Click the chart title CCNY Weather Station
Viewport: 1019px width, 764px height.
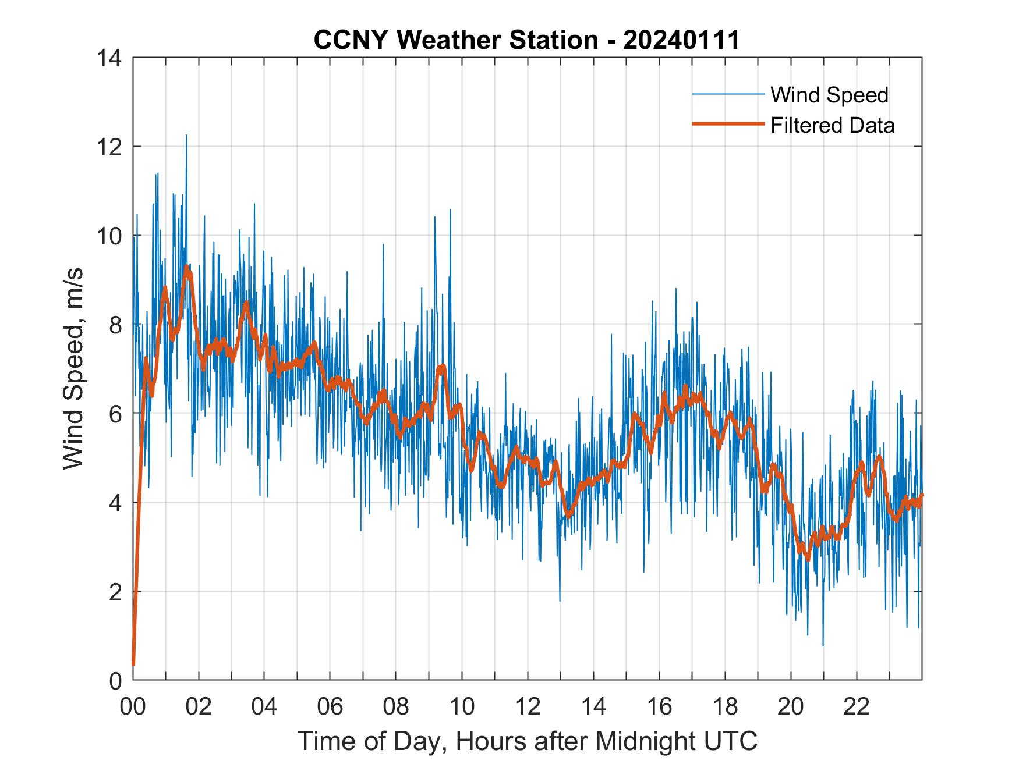click(x=455, y=40)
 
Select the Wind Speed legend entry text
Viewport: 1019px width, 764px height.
click(x=829, y=95)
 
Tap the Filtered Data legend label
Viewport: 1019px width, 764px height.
click(x=832, y=125)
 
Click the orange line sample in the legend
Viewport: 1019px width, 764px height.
click(x=728, y=124)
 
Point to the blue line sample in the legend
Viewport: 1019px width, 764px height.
click(x=728, y=94)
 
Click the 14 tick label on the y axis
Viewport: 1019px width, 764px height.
click(x=110, y=58)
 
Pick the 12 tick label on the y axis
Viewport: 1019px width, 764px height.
click(x=110, y=147)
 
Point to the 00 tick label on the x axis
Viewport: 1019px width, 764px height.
click(x=133, y=706)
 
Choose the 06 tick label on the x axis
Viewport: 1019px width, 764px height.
click(x=330, y=706)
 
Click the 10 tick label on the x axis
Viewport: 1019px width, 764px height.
click(x=462, y=706)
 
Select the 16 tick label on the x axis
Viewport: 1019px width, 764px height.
click(x=659, y=706)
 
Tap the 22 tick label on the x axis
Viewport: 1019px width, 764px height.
click(x=857, y=706)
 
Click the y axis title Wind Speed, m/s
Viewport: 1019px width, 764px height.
click(x=73, y=368)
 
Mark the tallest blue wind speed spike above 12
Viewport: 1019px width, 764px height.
click(x=186, y=136)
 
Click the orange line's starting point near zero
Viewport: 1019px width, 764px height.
click(x=133, y=664)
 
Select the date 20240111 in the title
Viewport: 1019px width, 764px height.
click(x=681, y=40)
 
